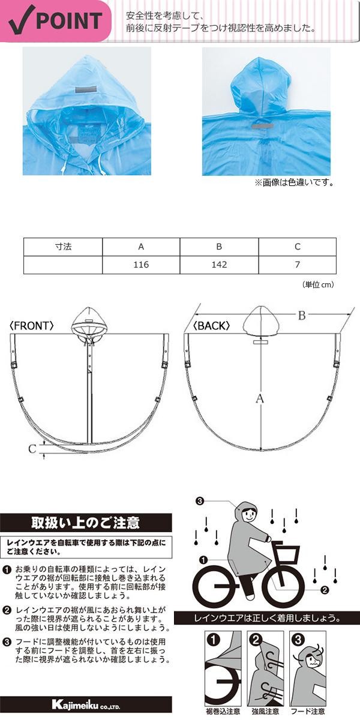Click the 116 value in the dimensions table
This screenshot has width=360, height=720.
(x=142, y=265)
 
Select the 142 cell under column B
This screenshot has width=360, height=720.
(x=220, y=265)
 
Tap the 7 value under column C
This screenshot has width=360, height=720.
(x=297, y=265)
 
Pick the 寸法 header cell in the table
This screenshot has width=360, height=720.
(x=63, y=247)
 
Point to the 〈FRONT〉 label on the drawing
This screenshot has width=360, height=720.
(x=32, y=326)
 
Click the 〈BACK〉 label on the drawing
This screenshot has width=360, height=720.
(x=211, y=326)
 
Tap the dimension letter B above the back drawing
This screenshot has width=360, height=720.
(x=302, y=316)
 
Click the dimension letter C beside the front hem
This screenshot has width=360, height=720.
(x=33, y=447)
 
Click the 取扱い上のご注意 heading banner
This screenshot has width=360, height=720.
(x=86, y=523)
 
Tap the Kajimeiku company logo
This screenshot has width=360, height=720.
(x=86, y=704)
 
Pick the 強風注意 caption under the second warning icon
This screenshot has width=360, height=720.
(x=265, y=712)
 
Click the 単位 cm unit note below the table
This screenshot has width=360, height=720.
(x=317, y=285)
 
